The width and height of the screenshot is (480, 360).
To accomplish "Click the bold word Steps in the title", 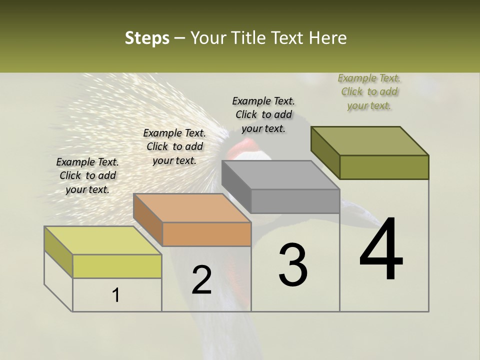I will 147,38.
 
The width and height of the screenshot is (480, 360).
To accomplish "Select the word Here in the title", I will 328,38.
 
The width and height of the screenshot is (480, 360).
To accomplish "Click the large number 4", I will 381,250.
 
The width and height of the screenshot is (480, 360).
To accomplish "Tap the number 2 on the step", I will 201,280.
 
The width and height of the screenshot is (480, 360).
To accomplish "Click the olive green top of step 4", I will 370,141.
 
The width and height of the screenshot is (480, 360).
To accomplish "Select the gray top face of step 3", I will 280,175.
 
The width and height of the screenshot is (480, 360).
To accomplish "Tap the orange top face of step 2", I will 192,208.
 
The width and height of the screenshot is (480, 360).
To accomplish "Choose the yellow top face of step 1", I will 103,240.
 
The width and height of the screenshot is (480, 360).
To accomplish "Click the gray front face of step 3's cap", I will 295,201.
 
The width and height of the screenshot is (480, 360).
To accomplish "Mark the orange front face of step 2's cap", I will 206,234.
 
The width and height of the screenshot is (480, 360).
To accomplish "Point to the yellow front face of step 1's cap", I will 117,266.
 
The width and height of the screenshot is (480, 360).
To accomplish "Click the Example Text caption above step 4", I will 369,91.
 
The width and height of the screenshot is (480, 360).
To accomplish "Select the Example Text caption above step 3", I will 263,114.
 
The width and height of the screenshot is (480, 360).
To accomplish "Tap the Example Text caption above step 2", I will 174,146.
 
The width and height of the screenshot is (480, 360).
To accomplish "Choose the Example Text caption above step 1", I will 87,175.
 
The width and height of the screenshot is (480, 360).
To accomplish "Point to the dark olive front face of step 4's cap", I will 384,167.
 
